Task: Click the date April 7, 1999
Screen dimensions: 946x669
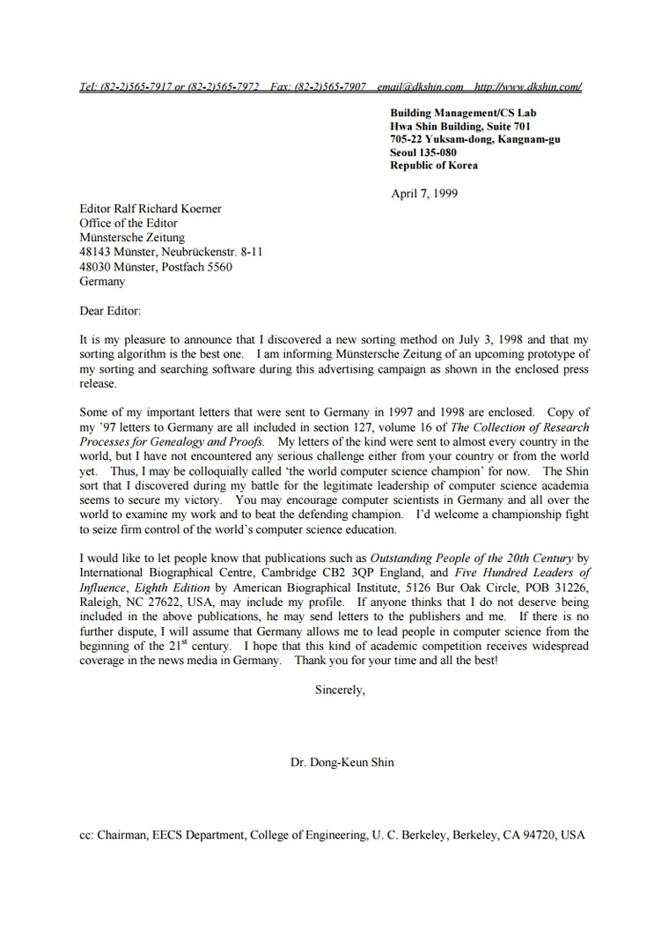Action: coord(424,194)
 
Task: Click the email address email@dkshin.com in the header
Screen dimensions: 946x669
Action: coord(420,86)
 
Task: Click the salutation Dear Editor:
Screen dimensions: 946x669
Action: coord(110,311)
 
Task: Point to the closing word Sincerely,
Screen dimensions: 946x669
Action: coord(340,690)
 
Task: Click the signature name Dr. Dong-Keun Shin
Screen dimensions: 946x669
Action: coord(342,762)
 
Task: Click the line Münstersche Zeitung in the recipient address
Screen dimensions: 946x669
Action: coord(132,238)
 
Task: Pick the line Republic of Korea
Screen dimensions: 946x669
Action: coord(434,166)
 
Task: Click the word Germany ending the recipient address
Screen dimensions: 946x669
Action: coord(102,282)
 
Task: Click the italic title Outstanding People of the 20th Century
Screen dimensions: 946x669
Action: coord(471,558)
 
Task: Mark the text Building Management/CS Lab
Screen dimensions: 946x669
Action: coord(463,113)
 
